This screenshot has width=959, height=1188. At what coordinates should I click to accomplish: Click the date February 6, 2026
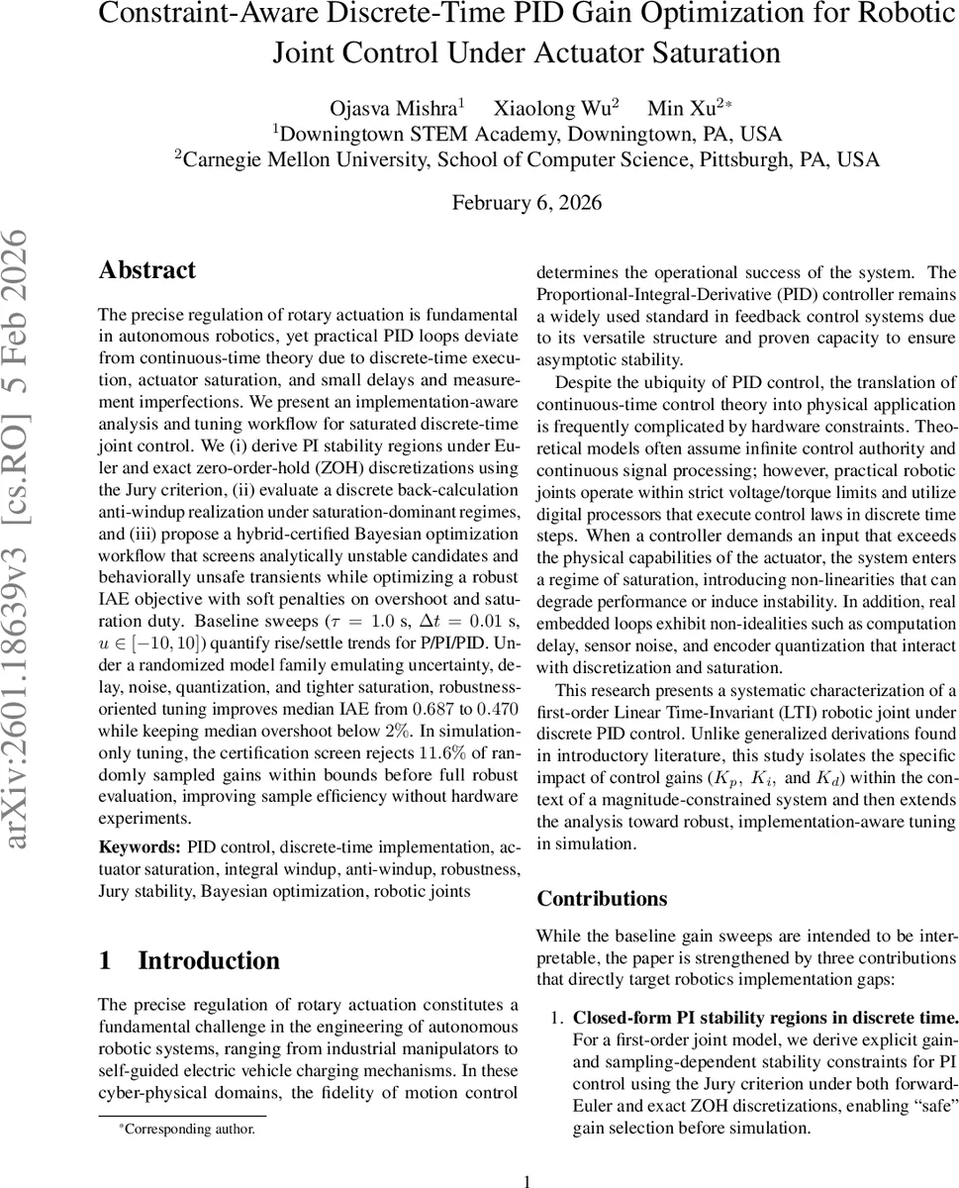(x=527, y=203)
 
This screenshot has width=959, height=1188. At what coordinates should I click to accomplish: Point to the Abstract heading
(x=147, y=270)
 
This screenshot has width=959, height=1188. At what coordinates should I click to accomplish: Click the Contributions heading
(x=602, y=899)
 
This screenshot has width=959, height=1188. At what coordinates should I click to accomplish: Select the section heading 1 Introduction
(x=189, y=960)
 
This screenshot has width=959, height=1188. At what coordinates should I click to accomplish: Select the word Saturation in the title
(x=700, y=52)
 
